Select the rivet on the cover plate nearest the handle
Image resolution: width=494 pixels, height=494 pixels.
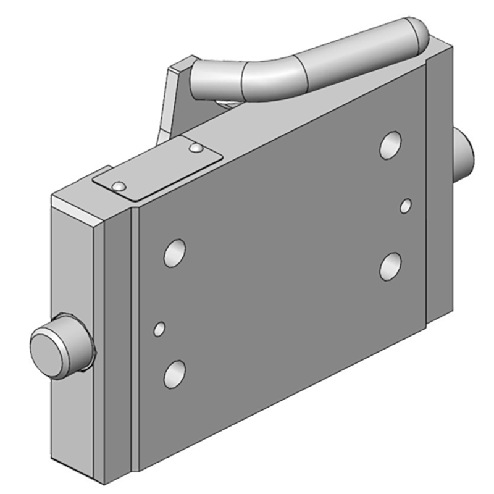[x=196, y=148]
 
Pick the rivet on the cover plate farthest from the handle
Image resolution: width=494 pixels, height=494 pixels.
[x=119, y=185]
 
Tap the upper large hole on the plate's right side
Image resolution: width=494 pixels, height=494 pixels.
[x=390, y=144]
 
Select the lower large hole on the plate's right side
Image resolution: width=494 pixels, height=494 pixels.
[x=391, y=266]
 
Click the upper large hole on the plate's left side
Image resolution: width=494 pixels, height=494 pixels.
[x=175, y=253]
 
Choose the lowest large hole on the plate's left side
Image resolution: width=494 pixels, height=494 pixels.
[x=175, y=374]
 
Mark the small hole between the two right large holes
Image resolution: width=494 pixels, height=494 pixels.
[x=406, y=205]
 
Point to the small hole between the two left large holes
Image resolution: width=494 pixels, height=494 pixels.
[x=159, y=329]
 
